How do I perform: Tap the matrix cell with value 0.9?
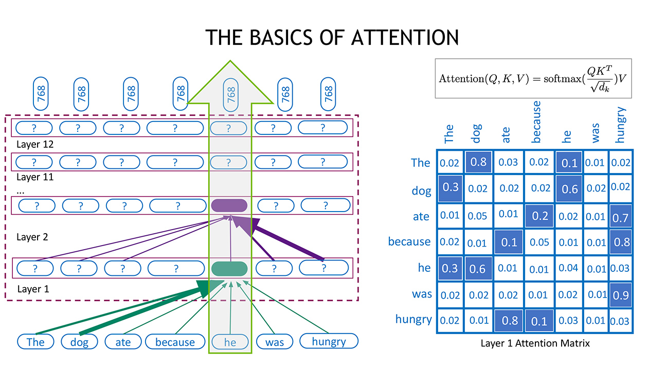(621, 294)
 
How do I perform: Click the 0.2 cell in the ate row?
(539, 216)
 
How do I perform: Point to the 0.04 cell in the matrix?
(568, 268)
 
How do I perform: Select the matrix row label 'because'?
(409, 241)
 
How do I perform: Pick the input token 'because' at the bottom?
(175, 342)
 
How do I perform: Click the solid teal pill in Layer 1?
(229, 268)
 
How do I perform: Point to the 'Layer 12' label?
(34, 145)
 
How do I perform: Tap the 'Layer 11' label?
(34, 177)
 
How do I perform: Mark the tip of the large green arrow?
(230, 61)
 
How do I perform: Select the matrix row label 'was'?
(421, 294)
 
